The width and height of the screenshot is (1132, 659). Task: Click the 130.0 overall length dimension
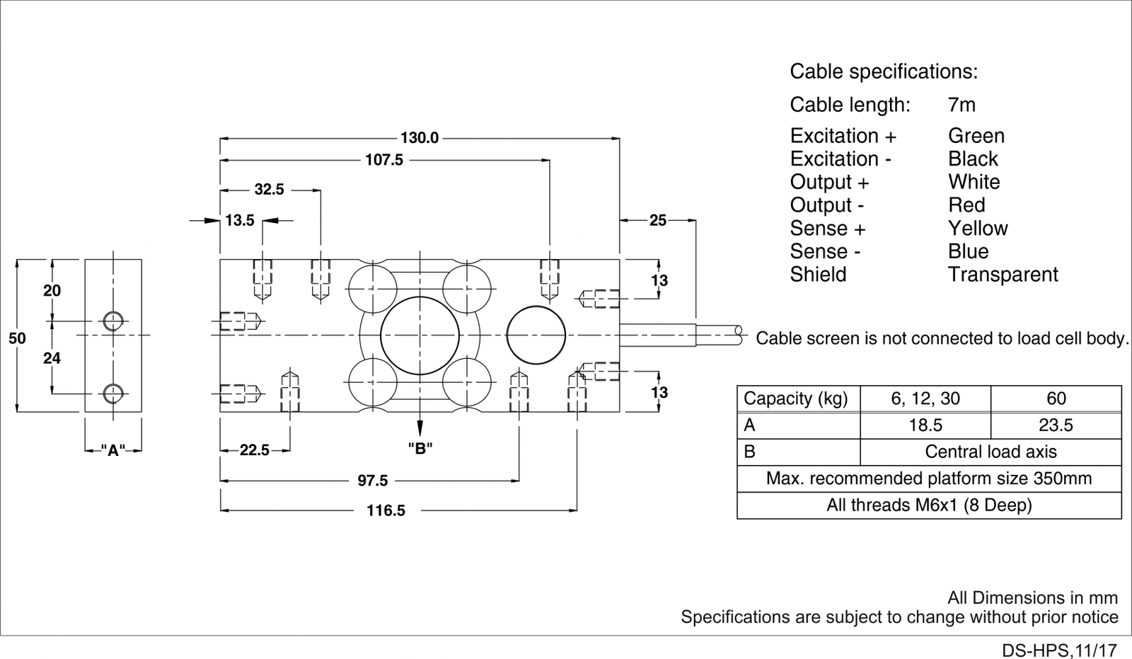coord(420,138)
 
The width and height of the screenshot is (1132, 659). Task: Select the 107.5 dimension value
coord(384,160)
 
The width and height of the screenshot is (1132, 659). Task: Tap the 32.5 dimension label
coord(269,190)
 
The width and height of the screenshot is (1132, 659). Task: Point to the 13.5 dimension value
coord(240,221)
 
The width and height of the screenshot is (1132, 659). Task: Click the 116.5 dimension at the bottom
coord(386,510)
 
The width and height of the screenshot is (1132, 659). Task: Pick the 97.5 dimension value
coord(372,481)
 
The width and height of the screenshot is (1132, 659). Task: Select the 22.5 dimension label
coord(255,450)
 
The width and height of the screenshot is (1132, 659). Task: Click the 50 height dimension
coord(17,338)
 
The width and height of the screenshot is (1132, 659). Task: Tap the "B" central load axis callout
coord(420,448)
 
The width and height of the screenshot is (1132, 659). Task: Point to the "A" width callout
coord(112,450)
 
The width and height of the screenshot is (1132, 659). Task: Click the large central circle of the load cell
coord(420,335)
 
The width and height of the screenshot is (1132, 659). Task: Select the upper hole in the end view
coord(112,321)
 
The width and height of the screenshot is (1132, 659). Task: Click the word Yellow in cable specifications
coord(978,229)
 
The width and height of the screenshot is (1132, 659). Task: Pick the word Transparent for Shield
coord(1003,275)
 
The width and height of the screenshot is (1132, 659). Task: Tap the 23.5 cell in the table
coord(1056,425)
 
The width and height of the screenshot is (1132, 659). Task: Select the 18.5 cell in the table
coord(925,425)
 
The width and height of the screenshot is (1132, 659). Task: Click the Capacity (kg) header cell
coord(796,399)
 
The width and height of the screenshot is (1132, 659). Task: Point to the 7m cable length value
coord(961,105)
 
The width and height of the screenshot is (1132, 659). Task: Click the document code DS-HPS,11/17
coord(1059,650)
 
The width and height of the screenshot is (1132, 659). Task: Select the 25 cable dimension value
coord(658,221)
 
